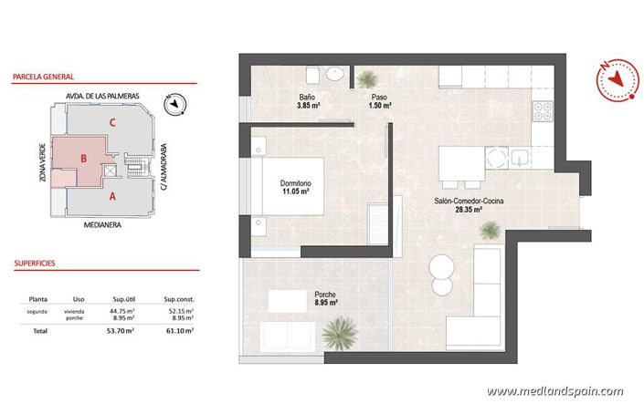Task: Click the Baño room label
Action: coord(308,97)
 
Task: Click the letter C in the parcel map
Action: coord(111,121)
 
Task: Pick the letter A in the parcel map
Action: coord(112,195)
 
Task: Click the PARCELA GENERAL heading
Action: coord(44,78)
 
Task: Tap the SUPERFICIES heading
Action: coord(35,262)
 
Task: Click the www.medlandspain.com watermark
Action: coord(554,391)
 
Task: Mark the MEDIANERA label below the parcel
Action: coord(102,223)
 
